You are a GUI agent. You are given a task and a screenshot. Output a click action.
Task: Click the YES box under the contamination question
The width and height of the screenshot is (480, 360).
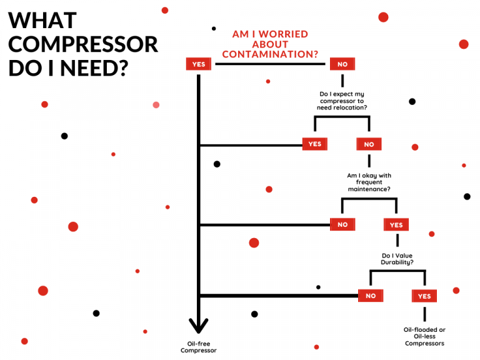[x=198, y=64]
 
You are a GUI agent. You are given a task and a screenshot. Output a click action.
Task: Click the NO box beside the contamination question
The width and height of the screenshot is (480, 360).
[x=342, y=64]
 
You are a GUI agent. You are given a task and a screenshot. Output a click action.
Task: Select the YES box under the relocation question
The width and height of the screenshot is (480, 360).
[x=314, y=144]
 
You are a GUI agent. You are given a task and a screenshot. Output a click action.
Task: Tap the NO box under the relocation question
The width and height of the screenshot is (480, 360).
[x=369, y=144]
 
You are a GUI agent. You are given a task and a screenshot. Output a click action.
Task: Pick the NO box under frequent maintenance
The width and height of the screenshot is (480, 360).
[x=342, y=224]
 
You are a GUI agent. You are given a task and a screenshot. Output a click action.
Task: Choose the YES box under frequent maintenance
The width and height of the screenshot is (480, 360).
[x=396, y=224]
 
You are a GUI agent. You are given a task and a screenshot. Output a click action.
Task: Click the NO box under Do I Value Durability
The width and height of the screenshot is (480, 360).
[x=371, y=296]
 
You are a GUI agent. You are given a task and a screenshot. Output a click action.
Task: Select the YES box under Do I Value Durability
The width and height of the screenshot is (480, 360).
[x=424, y=296]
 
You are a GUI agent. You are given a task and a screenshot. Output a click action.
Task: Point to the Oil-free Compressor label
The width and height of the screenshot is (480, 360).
[x=199, y=346]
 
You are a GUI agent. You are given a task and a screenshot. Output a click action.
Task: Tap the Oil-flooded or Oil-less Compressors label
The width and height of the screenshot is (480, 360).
[x=424, y=336]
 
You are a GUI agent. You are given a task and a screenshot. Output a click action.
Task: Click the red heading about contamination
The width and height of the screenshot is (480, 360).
[x=270, y=44]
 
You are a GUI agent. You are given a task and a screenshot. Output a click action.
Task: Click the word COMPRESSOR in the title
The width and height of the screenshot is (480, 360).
[x=83, y=44]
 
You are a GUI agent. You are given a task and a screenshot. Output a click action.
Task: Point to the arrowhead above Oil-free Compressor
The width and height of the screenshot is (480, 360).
[x=199, y=326]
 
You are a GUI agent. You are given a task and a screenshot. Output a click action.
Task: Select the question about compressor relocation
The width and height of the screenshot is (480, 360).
[x=342, y=101]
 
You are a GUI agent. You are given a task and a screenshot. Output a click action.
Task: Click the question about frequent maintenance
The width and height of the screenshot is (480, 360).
[x=369, y=182]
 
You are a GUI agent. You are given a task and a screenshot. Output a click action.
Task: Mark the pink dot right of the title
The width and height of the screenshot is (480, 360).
[x=156, y=104]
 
